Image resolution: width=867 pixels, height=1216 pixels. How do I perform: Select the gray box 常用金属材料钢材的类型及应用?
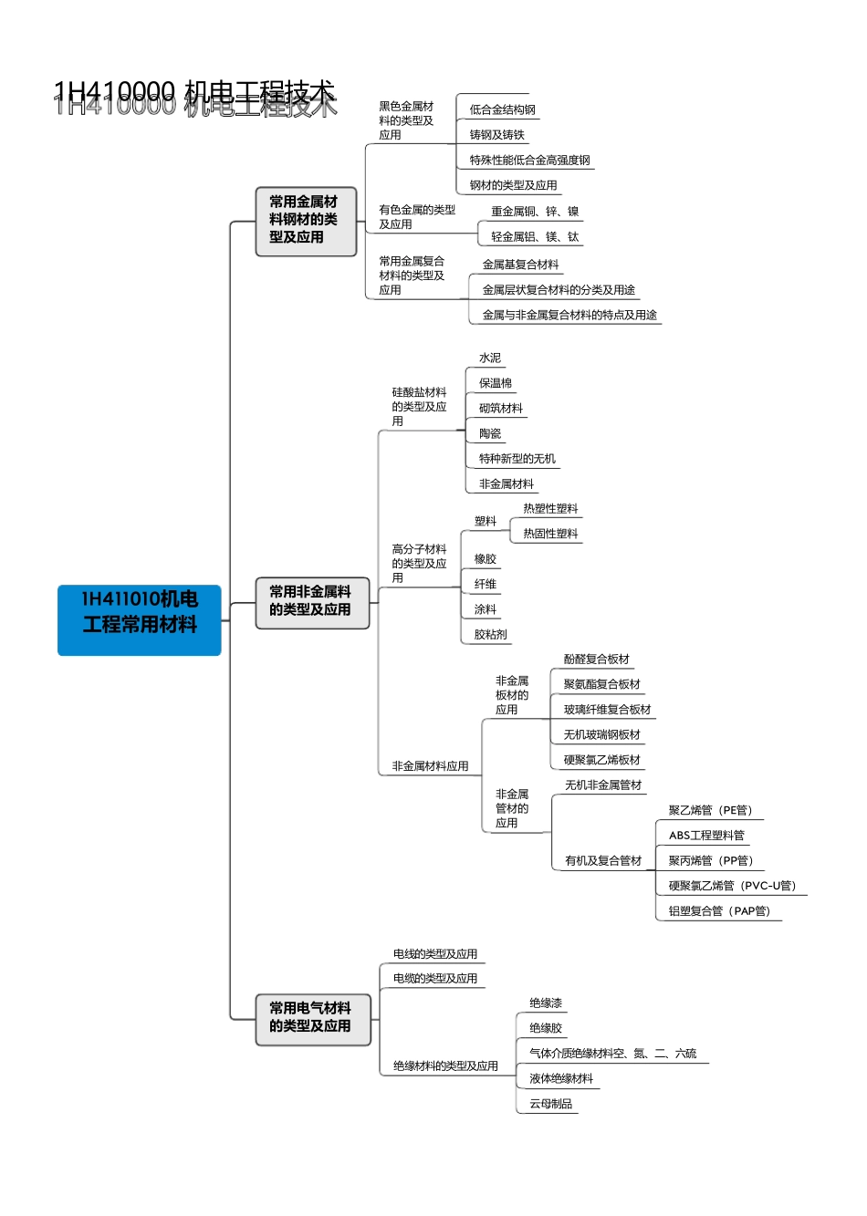coord(305,220)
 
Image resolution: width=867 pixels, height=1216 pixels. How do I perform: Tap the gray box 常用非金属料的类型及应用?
coord(311,602)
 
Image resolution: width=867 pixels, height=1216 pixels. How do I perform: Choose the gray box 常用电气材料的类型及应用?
coord(311,1018)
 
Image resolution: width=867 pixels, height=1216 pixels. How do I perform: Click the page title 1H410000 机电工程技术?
coord(194,96)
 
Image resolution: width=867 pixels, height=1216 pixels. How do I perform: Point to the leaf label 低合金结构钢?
coord(502,110)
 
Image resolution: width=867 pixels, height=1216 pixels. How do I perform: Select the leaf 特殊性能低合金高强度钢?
coord(529,161)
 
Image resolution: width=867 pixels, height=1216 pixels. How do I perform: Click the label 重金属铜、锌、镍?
coord(535,212)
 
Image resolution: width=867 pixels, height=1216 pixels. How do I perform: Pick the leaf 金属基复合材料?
coord(520,265)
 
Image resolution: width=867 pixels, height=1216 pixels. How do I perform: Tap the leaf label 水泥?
coord(490,359)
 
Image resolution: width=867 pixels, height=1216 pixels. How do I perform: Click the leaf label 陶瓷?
coord(490,434)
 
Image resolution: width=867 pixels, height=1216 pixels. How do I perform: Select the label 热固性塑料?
coord(550,535)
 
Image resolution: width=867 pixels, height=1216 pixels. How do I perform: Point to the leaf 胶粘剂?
coord(491,635)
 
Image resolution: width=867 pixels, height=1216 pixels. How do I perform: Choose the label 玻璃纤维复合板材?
coord(607,710)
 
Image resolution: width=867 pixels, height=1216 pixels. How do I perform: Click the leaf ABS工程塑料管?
coord(706,836)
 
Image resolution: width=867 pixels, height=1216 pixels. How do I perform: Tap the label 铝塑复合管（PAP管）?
coord(719,911)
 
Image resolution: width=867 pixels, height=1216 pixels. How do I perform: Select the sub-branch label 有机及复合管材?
coord(603,861)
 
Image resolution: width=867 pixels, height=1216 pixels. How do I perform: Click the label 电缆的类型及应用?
coord(434,979)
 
